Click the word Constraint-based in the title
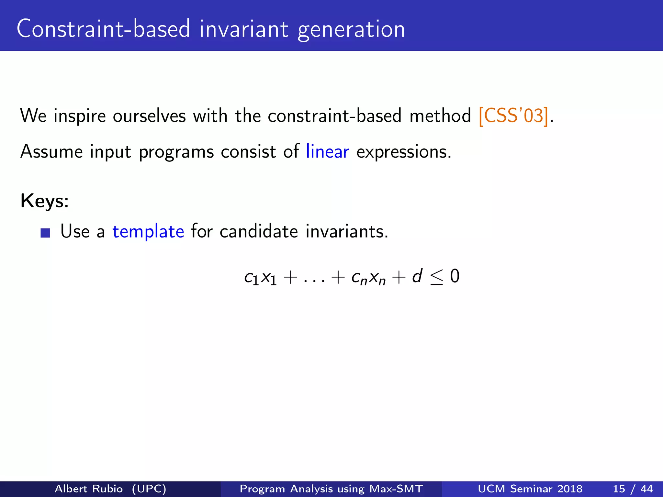point(103,29)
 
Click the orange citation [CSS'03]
point(513,116)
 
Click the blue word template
point(148,232)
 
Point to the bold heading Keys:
point(45,201)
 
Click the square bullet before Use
point(45,233)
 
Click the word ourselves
point(149,116)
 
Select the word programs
point(176,152)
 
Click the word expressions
point(403,152)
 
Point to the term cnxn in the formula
point(368,278)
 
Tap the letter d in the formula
point(417,276)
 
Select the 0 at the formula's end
point(455,276)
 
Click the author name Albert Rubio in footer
point(89,489)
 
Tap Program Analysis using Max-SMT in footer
point(331,489)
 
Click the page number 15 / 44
point(633,489)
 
